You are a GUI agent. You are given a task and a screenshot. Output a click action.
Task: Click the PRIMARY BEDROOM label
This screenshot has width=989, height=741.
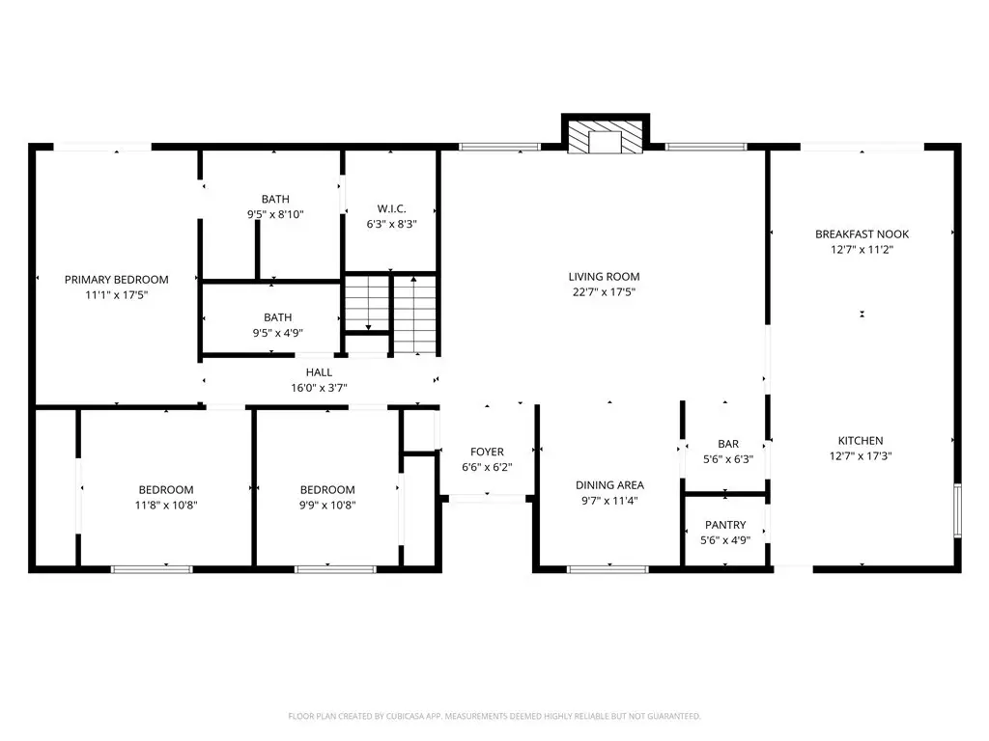coord(117,280)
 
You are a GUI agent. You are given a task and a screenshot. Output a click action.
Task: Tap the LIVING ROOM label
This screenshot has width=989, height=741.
coord(605,277)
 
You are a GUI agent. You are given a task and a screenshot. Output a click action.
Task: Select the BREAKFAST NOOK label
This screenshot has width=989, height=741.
coord(862,234)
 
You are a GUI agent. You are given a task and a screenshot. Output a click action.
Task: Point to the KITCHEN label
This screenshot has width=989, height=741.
coord(861,441)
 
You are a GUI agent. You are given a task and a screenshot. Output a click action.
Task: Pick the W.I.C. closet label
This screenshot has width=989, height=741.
coord(392,208)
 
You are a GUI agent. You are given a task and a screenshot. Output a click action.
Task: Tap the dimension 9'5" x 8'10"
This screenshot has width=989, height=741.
coord(275,214)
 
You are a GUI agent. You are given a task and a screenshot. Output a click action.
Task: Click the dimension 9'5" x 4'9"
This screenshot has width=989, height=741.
coord(278,333)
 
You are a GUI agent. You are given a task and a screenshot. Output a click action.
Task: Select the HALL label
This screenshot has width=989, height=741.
coord(319,372)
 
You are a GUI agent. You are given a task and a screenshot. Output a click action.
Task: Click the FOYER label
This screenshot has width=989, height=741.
coord(487,452)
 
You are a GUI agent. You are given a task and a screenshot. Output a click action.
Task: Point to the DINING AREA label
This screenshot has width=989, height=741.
coord(610,485)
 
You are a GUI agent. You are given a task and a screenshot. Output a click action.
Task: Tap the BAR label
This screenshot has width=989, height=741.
coord(728,444)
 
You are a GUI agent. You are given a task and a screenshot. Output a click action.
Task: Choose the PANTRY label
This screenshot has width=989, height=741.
coord(725,525)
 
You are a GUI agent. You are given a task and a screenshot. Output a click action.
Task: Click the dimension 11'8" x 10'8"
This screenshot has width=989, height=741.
coord(166,506)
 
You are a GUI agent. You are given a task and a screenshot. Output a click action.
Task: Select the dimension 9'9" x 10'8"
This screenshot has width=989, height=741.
coord(327,506)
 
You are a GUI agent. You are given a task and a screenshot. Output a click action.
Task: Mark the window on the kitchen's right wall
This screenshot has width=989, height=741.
coord(957,510)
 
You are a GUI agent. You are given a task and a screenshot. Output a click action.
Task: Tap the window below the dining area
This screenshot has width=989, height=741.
coord(608,569)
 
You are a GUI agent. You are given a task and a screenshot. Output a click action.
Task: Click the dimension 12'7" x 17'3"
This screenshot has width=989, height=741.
coord(861,456)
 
